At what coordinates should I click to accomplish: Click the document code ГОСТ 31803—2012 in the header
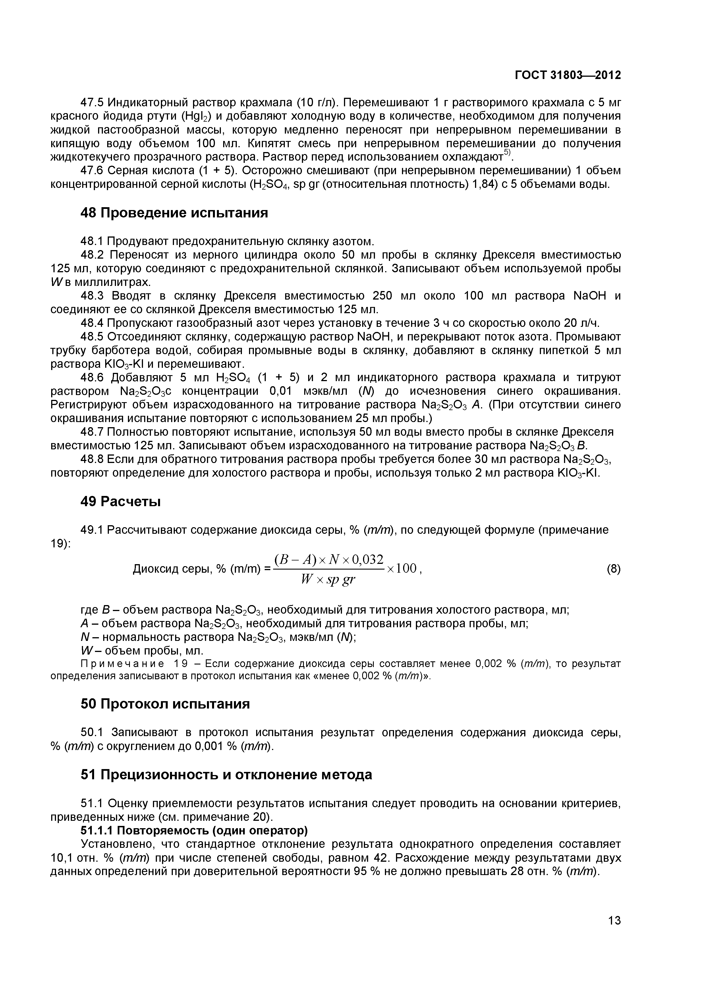[x=567, y=75]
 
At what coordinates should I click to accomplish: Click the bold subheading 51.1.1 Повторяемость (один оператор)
[x=194, y=831]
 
